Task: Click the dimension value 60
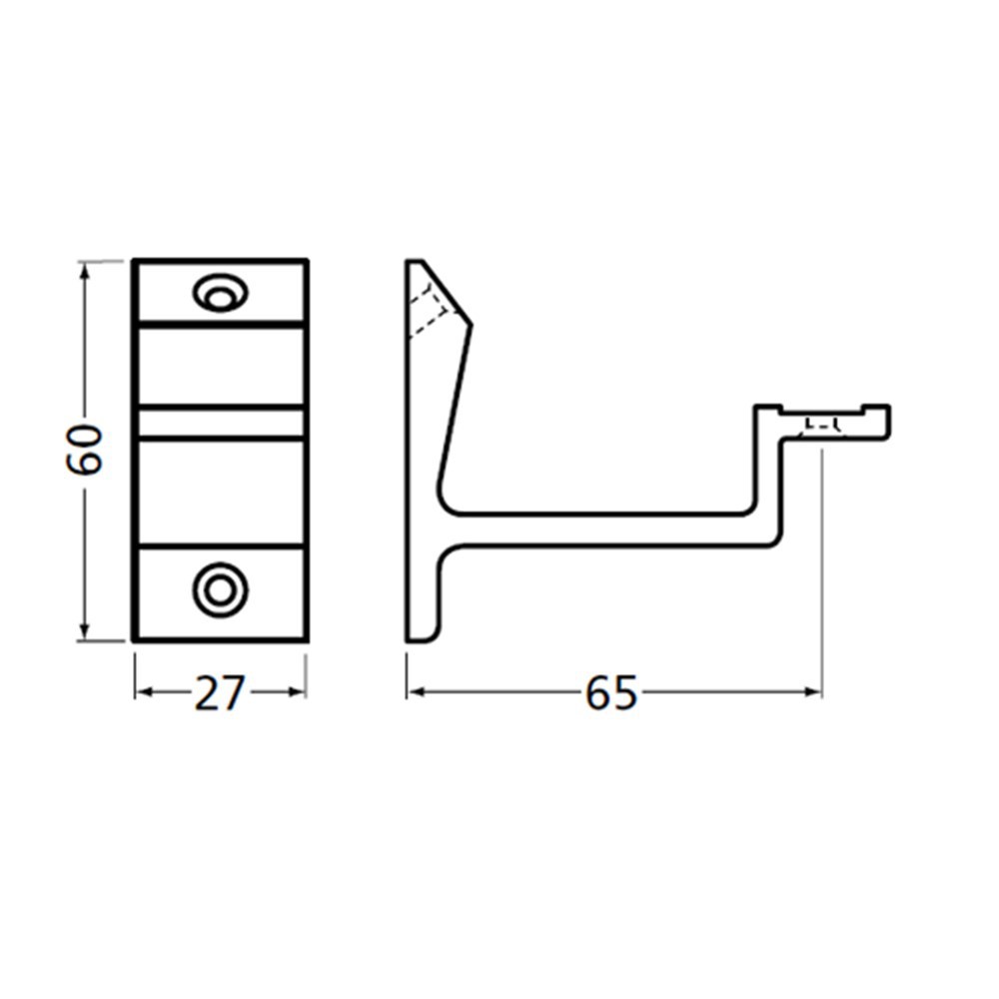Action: pyautogui.click(x=84, y=450)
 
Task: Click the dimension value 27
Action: pyautogui.click(x=219, y=693)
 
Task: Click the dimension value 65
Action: pyautogui.click(x=610, y=693)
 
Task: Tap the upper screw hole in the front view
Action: pyautogui.click(x=221, y=293)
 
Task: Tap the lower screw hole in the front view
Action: pyautogui.click(x=220, y=589)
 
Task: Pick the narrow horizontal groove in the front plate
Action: pyautogui.click(x=220, y=423)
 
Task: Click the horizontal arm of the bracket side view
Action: pyautogui.click(x=599, y=529)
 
